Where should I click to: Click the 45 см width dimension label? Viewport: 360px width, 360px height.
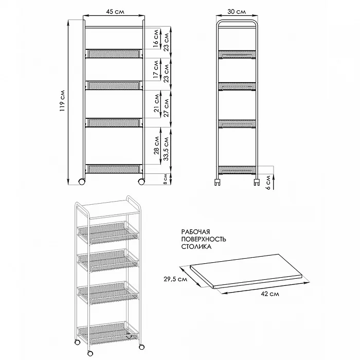tap(115, 11)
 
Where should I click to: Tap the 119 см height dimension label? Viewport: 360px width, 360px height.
tap(62, 101)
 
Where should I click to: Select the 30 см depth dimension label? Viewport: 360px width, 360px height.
tap(237, 11)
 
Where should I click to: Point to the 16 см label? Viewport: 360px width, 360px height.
tap(156, 39)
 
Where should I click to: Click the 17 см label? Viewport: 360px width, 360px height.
tap(156, 69)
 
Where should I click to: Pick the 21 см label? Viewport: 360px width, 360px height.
tap(156, 103)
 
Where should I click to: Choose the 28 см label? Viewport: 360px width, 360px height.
tap(156, 146)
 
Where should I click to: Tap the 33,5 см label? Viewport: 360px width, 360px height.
tap(166, 149)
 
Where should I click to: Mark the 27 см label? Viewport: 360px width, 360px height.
tap(166, 108)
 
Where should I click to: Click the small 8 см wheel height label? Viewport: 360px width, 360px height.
tap(165, 179)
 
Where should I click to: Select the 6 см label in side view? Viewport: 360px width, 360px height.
tap(268, 183)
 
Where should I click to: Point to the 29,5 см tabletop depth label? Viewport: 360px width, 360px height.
tap(175, 279)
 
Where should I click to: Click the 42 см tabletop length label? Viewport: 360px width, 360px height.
tap(270, 294)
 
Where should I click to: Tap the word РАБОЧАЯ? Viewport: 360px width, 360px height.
tap(195, 232)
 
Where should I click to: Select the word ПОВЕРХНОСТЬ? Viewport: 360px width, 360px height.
tap(204, 239)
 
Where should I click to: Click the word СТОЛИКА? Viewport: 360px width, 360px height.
tap(196, 247)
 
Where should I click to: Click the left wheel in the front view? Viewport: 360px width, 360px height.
tap(81, 182)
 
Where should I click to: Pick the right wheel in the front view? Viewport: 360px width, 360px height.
tap(141, 182)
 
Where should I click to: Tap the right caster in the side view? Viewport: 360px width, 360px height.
tap(257, 182)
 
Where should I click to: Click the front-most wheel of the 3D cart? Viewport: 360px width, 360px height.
tap(90, 353)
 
